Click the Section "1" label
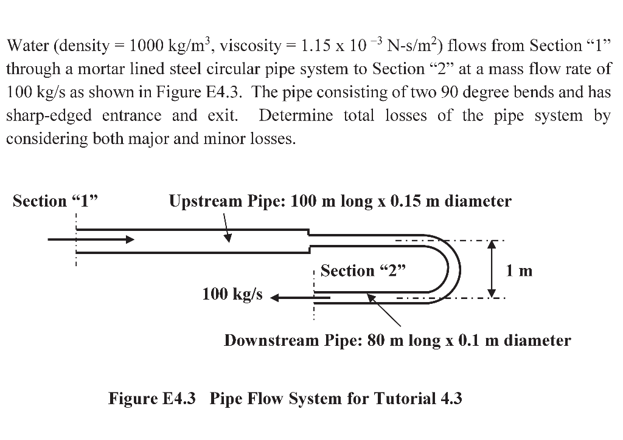point(54,201)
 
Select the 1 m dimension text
point(519,270)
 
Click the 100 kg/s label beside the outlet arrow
point(232,294)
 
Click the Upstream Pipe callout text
point(340,201)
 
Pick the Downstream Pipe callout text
point(397,340)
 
